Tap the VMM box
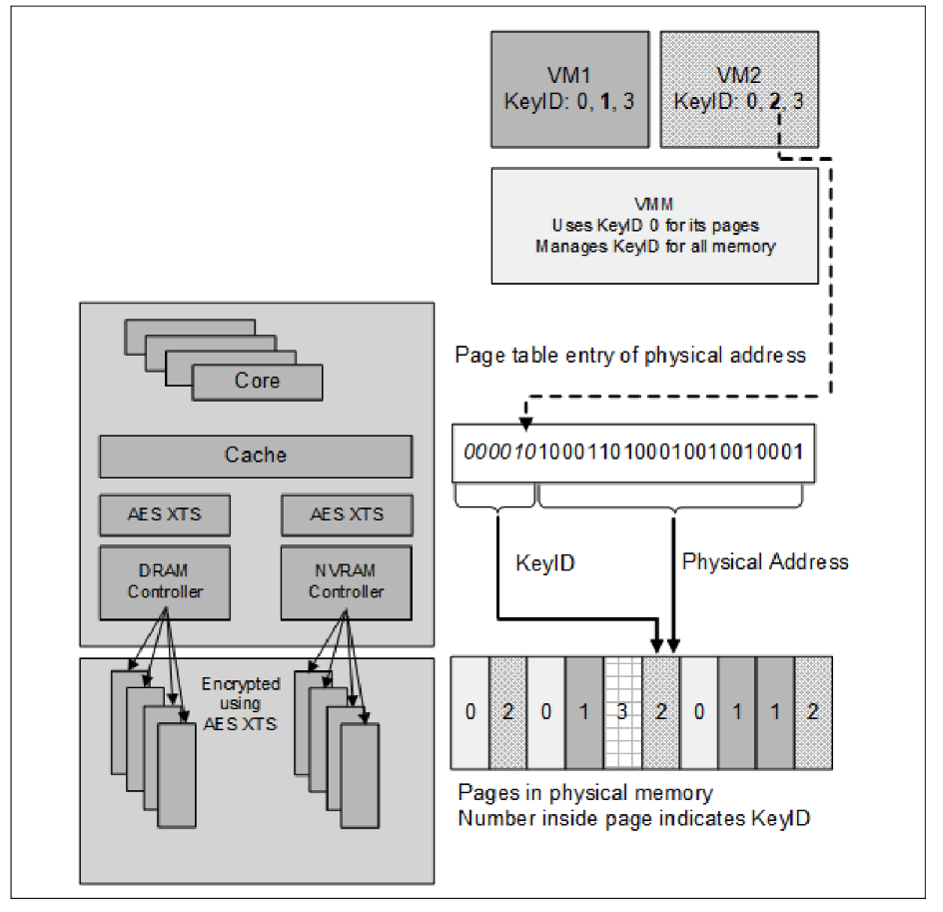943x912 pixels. [x=655, y=225]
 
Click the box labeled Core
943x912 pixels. [x=257, y=382]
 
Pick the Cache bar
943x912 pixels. [x=255, y=456]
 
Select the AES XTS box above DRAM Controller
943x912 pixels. [x=164, y=514]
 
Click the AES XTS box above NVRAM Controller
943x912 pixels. [x=347, y=514]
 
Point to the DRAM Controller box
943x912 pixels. [x=164, y=582]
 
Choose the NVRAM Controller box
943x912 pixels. [x=347, y=582]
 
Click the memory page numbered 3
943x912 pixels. [x=623, y=713]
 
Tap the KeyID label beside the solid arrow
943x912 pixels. [x=546, y=563]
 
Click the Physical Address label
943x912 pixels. [x=765, y=562]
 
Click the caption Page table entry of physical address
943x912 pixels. [x=629, y=356]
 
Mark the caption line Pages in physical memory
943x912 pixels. [x=585, y=792]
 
